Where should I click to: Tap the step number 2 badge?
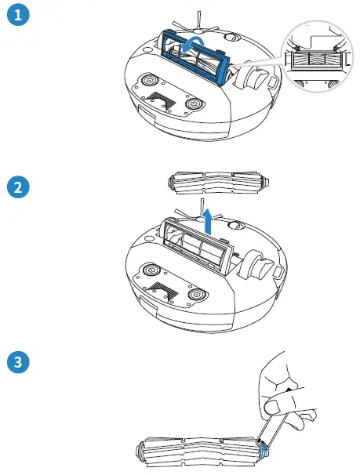tap(17, 188)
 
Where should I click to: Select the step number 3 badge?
tap(17, 363)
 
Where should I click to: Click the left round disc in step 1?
tap(148, 80)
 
